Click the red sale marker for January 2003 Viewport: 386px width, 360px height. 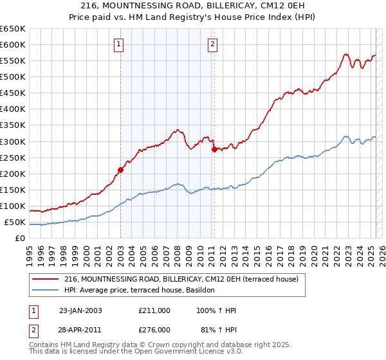click(x=120, y=170)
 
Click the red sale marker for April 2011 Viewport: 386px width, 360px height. click(x=214, y=149)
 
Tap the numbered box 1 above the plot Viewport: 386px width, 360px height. click(x=120, y=44)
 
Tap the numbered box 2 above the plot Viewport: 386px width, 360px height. click(x=212, y=44)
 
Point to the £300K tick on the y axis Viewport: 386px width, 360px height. click(x=14, y=141)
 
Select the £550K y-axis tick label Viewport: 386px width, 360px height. click(x=14, y=61)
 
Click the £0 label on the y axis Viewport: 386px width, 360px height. click(x=20, y=239)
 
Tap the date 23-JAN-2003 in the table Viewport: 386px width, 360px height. click(x=80, y=310)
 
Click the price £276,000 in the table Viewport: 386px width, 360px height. click(x=154, y=330)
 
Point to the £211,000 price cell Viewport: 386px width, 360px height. click(x=154, y=310)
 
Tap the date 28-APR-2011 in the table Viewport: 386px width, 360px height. click(x=80, y=330)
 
